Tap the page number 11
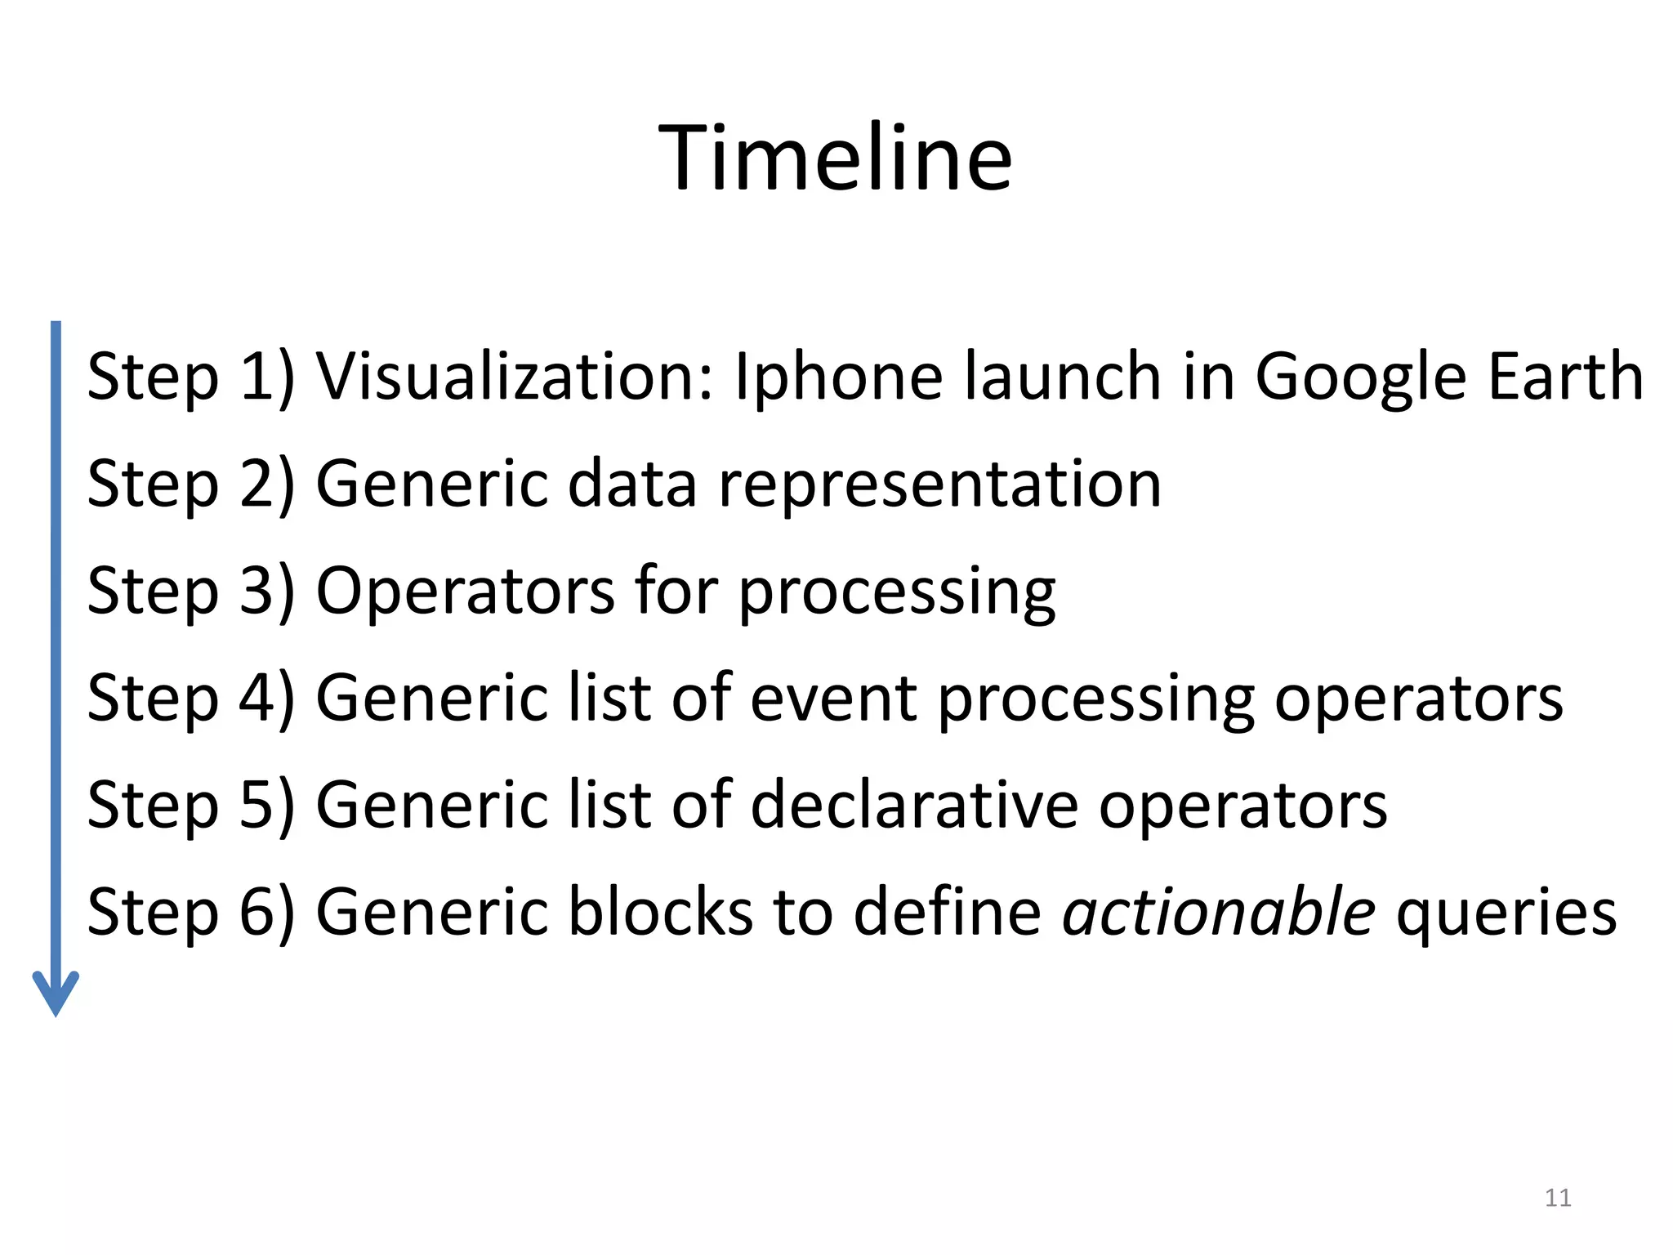[1558, 1198]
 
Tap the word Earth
[1565, 377]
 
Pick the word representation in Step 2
[939, 485]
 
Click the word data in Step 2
[632, 484]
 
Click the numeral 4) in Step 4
[266, 699]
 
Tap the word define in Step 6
[948, 913]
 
